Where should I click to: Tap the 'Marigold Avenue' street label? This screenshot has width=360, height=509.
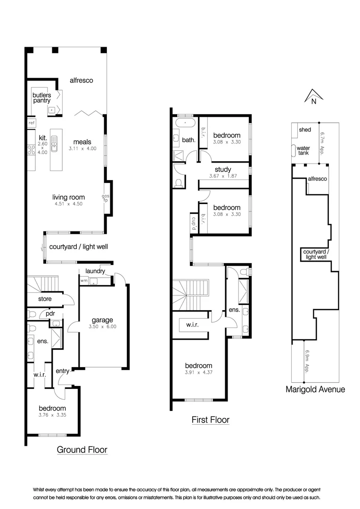(316, 389)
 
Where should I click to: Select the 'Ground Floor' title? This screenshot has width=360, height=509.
(82, 450)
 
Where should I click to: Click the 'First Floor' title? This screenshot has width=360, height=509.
(210, 420)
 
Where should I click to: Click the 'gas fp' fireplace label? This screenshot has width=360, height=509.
(106, 198)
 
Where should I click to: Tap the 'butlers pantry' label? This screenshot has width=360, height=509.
(41, 98)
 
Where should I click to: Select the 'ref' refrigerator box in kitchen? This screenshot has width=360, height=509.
(32, 123)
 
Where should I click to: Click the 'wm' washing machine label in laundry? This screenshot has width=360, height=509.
(84, 281)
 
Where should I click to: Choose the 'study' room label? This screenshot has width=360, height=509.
(222, 170)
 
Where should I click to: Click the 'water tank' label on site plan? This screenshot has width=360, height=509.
(303, 150)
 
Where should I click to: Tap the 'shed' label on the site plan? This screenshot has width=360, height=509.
(305, 129)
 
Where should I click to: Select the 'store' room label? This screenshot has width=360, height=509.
(45, 299)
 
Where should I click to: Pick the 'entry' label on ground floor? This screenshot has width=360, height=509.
(63, 371)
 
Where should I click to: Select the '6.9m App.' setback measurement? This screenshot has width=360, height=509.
(307, 361)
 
